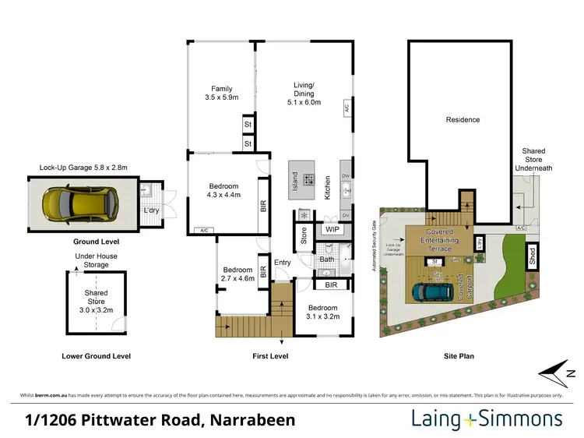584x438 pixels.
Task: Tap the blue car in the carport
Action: pos(429,291)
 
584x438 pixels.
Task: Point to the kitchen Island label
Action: pos(294,181)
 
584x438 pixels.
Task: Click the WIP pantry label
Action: pos(332,230)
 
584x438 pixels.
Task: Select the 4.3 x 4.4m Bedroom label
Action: pos(225,192)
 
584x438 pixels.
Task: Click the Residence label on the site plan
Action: pos(463,119)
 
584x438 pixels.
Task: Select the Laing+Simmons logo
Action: pos(487,419)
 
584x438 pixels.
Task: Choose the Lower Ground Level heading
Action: pos(96,356)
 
